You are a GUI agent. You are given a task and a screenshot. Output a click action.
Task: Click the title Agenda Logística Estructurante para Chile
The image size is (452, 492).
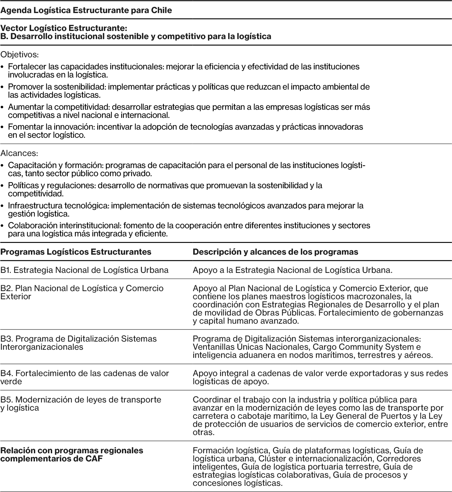tap(86, 10)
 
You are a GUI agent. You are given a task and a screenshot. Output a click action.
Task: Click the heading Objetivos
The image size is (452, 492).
tap(19, 54)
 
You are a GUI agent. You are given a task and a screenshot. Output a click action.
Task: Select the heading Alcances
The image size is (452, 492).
tap(19, 153)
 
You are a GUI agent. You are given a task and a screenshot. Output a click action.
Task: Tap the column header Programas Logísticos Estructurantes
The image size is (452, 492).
tap(76, 252)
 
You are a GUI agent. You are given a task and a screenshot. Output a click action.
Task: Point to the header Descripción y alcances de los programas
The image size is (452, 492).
tap(275, 252)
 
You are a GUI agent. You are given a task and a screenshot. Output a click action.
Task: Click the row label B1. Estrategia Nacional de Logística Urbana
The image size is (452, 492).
tap(84, 270)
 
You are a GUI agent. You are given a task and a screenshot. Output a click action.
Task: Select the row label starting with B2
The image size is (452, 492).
tap(82, 292)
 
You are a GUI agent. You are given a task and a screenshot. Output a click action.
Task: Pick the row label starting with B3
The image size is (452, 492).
tap(78, 343)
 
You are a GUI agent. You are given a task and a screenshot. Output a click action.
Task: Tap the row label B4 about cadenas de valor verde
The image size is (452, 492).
tap(84, 377)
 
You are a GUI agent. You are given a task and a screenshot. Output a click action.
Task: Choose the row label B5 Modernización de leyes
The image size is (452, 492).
tap(80, 403)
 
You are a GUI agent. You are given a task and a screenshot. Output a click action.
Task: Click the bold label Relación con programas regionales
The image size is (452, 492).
tap(72, 455)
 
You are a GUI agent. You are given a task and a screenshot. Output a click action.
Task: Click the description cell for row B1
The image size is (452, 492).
tap(292, 270)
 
